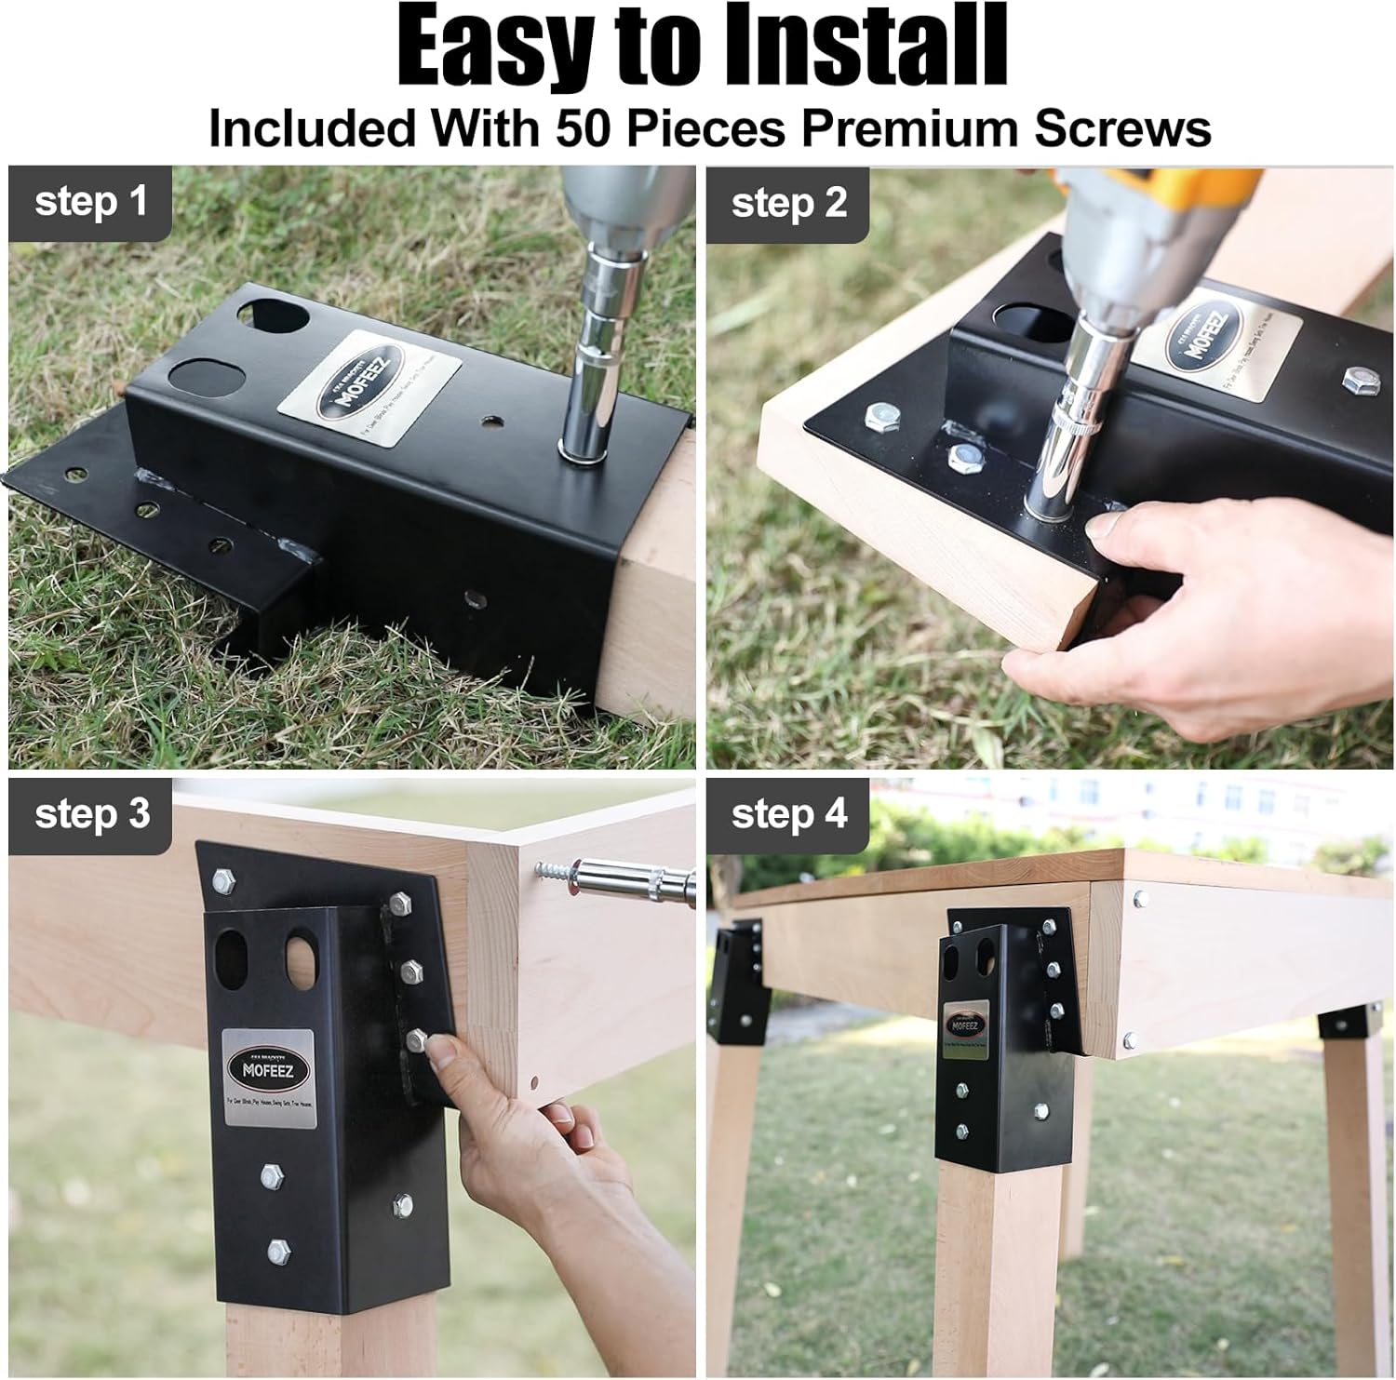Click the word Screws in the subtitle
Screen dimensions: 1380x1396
(x=1122, y=127)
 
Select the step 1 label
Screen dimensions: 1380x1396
(x=90, y=202)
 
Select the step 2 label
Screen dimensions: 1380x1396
(x=788, y=203)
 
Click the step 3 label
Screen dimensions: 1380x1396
(x=91, y=813)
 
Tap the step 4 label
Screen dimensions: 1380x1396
(x=788, y=813)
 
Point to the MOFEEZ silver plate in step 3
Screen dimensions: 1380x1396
(x=269, y=1078)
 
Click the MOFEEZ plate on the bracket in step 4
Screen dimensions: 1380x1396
(x=964, y=1026)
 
